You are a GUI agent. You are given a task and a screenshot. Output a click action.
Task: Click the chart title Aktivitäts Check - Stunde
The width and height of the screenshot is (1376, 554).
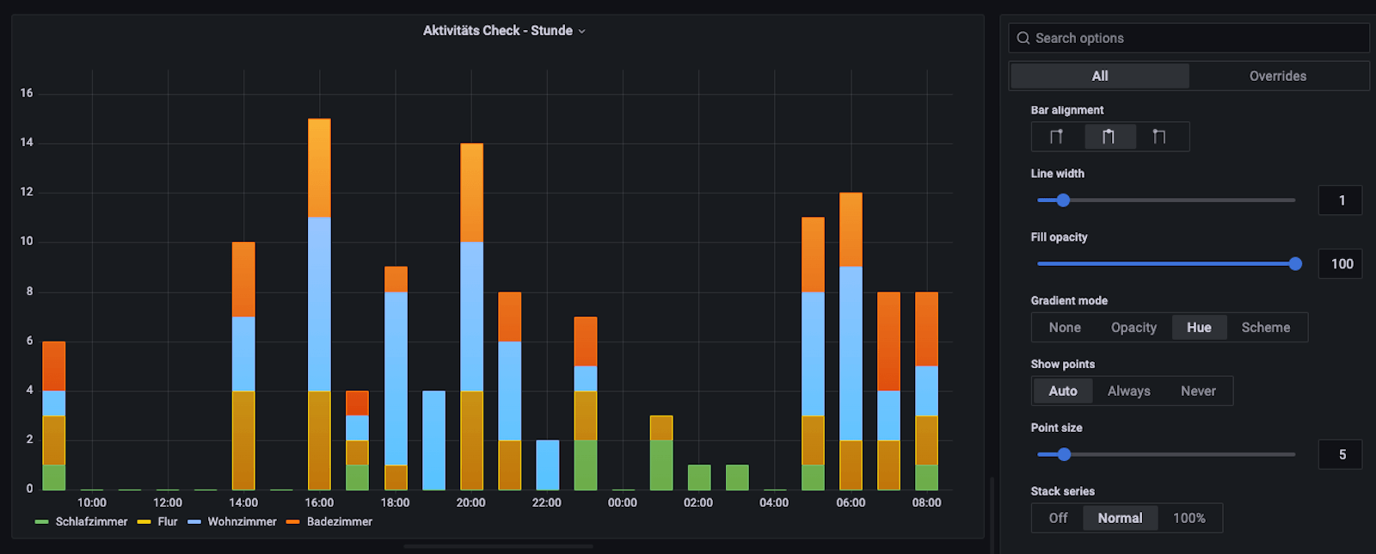click(498, 31)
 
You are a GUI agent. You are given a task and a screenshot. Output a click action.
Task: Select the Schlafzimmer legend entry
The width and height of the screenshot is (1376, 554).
click(91, 522)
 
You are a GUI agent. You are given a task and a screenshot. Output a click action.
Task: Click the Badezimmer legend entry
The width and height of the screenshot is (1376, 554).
click(339, 522)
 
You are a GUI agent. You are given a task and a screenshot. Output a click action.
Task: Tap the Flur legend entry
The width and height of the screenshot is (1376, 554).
click(167, 522)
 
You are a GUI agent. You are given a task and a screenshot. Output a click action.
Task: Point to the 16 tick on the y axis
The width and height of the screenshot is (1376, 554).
click(27, 93)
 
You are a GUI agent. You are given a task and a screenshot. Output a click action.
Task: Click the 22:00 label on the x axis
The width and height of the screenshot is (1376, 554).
click(546, 503)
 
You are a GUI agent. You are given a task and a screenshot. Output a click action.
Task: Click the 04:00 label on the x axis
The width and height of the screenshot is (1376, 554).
click(774, 503)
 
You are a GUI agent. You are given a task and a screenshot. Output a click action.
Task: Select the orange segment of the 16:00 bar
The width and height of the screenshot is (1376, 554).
click(319, 168)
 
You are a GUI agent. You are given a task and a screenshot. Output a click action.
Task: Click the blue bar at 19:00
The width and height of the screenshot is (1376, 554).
click(433, 440)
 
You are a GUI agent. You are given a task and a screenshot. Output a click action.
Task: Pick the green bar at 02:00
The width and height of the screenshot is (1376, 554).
click(698, 477)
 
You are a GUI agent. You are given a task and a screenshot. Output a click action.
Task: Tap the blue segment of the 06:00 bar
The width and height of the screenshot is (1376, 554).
click(851, 353)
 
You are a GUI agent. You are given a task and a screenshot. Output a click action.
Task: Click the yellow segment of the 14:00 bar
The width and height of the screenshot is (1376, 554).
click(243, 440)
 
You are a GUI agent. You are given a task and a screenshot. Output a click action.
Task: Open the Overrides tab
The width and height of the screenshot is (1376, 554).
click(1277, 76)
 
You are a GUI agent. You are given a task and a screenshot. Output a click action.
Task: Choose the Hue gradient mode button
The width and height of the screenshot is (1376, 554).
click(1199, 328)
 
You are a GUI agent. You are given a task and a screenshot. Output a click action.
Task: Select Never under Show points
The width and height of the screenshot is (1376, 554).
click(1198, 391)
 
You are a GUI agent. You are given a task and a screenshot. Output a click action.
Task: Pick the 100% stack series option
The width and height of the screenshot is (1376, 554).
click(1189, 518)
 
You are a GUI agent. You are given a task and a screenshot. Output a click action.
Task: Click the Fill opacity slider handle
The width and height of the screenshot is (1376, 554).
click(1295, 264)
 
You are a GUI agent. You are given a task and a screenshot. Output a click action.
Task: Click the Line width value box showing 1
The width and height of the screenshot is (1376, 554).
click(1341, 200)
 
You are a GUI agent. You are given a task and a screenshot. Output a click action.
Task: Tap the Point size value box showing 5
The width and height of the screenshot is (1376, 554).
click(1341, 454)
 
